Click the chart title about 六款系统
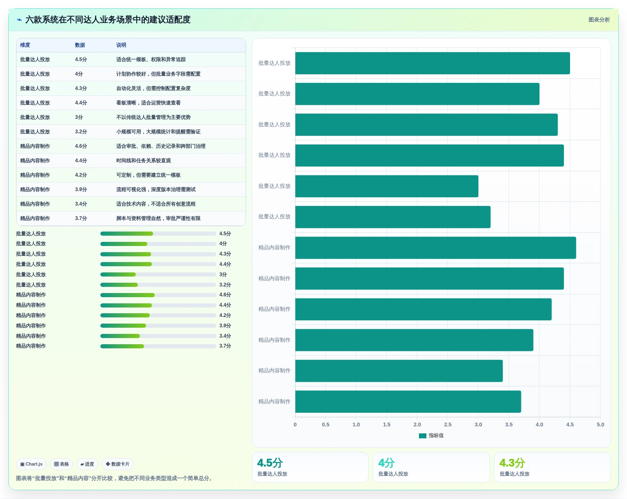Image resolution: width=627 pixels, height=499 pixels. point(108,19)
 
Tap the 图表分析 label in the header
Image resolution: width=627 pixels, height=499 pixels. point(599,19)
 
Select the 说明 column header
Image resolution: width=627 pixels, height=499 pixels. point(121,45)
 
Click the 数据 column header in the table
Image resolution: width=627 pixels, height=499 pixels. point(80,45)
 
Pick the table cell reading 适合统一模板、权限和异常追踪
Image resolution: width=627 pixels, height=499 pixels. point(151,59)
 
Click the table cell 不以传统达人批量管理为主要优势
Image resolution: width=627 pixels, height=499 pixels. point(153,117)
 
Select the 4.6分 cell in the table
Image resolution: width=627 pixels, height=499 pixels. point(81,146)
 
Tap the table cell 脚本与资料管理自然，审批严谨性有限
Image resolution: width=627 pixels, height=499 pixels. point(158,218)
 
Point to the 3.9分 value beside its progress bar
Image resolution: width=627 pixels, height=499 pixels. point(225,325)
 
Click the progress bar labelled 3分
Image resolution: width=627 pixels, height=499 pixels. point(158,274)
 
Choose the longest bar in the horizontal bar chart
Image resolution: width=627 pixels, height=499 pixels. point(435,248)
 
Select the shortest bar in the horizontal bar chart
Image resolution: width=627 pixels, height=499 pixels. point(386,186)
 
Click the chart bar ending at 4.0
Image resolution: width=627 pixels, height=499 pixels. point(417,94)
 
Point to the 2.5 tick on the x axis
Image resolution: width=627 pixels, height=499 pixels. point(447,424)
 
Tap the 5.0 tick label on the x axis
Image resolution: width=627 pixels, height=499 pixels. point(600,424)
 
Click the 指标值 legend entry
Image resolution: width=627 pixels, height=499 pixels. point(431,435)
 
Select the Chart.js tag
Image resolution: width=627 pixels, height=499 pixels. point(31,464)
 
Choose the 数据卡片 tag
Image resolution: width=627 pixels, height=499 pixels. point(117,464)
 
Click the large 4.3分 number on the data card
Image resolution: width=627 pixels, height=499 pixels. point(512,463)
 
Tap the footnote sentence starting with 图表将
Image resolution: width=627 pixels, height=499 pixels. point(115,478)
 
